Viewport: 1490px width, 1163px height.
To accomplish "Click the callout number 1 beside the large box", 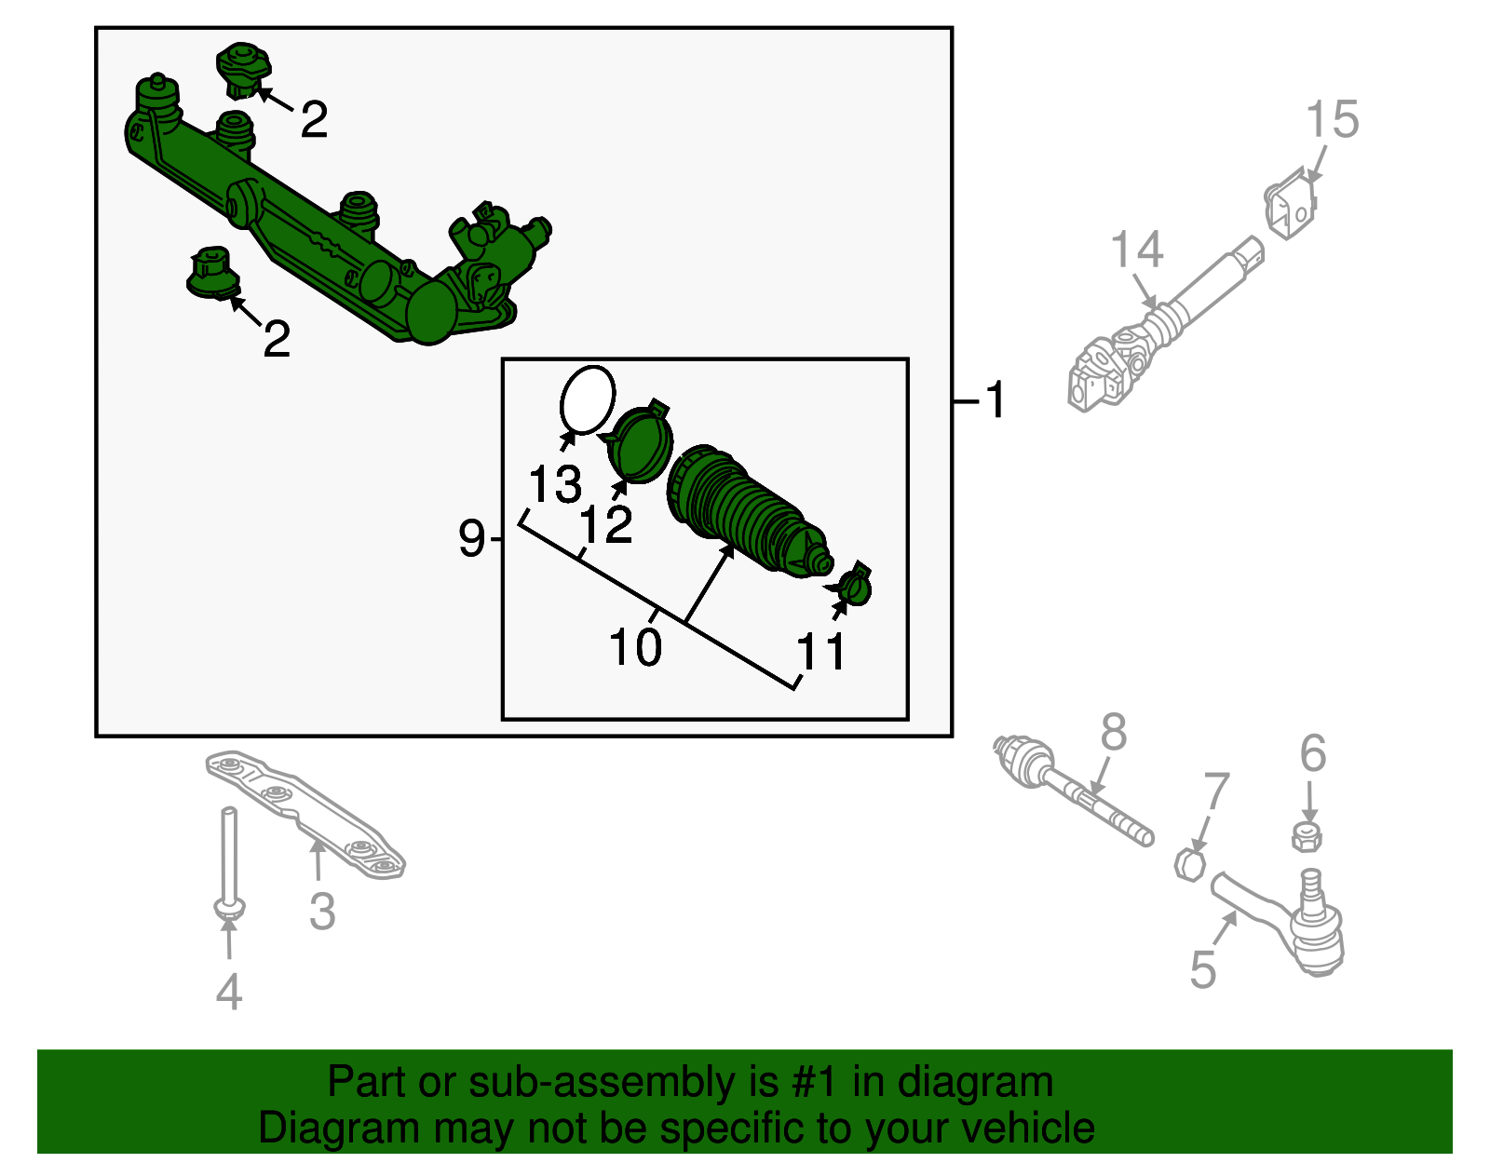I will click(x=996, y=400).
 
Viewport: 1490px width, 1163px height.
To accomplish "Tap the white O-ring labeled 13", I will click(x=587, y=400).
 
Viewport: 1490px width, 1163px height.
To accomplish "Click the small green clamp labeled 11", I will click(x=854, y=587).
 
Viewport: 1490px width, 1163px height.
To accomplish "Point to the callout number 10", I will click(x=635, y=646).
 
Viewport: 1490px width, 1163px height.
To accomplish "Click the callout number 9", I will click(x=471, y=538).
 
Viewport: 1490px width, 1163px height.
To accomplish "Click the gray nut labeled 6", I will click(x=1307, y=835).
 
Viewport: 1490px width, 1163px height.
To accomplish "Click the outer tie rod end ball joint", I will click(x=1313, y=931).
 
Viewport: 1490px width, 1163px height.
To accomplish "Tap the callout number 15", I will click(x=1332, y=121).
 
